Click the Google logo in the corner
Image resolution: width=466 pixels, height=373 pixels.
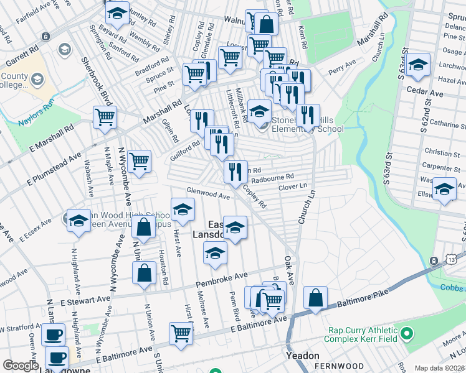[21, 366]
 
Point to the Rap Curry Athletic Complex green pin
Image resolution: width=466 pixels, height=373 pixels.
[407, 334]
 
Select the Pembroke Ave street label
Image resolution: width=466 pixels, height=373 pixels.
[221, 279]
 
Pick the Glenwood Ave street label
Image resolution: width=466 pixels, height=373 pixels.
[207, 194]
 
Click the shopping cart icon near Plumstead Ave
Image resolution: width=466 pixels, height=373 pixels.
[139, 160]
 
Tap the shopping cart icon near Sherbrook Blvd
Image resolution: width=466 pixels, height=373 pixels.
[105, 116]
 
